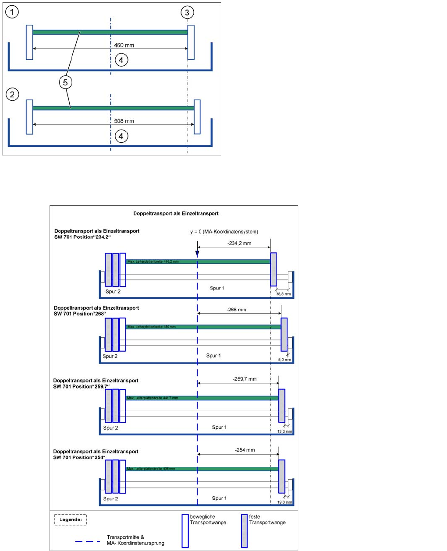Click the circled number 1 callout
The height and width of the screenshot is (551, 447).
pyautogui.click(x=12, y=12)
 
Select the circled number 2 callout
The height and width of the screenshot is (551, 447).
pyautogui.click(x=12, y=94)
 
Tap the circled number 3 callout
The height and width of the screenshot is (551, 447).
pyautogui.click(x=187, y=12)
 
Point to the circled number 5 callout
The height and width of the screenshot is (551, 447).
pyautogui.click(x=66, y=82)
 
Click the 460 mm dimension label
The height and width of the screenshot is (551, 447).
pyautogui.click(x=124, y=45)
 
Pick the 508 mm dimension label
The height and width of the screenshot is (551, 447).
pyautogui.click(x=124, y=121)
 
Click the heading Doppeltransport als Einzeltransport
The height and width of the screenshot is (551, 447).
pyautogui.click(x=176, y=214)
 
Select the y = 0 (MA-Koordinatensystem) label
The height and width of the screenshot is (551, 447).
pyautogui.click(x=224, y=232)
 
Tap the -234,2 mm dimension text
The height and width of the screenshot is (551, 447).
pyautogui.click(x=239, y=244)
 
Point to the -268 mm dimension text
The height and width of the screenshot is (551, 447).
pyautogui.click(x=236, y=310)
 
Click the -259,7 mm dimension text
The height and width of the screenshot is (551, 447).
pyautogui.click(x=245, y=379)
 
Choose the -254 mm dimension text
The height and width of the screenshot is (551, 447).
pyautogui.click(x=245, y=450)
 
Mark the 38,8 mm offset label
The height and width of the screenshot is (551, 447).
pyautogui.click(x=284, y=294)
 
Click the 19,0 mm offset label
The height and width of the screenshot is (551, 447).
pyautogui.click(x=284, y=502)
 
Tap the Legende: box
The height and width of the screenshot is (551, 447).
pyautogui.click(x=71, y=520)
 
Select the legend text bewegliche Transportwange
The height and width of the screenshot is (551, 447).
pyautogui.click(x=208, y=519)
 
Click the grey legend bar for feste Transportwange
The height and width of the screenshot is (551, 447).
pyautogui.click(x=244, y=530)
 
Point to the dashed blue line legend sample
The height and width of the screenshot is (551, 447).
pyautogui.click(x=87, y=541)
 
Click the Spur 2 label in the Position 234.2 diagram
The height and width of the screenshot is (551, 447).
pyautogui.click(x=113, y=291)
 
